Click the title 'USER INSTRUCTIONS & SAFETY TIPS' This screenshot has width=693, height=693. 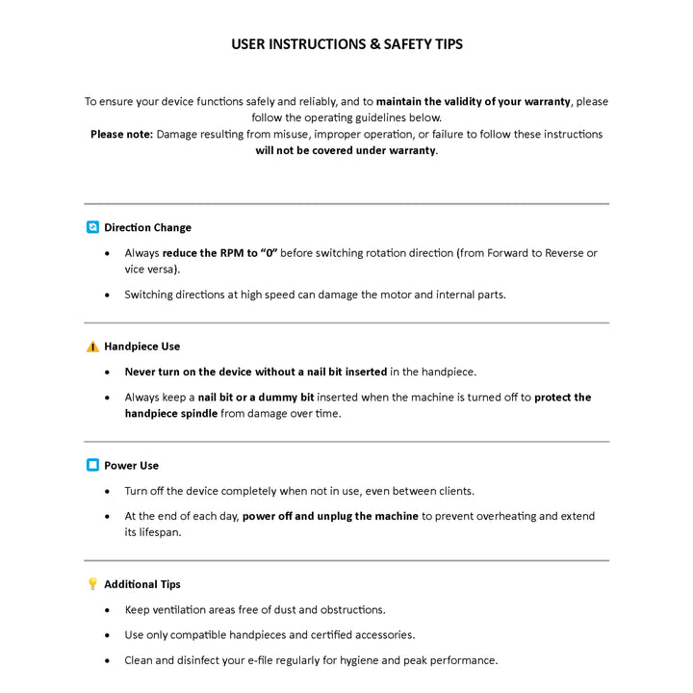[x=346, y=44]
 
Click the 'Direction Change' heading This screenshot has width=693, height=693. [x=147, y=228]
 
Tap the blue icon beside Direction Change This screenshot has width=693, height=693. [x=92, y=228]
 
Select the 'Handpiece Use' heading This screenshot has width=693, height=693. [x=141, y=346]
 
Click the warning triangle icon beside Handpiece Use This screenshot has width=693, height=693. [x=92, y=346]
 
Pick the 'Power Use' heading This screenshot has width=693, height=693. [x=131, y=466]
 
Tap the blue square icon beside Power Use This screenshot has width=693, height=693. [x=92, y=466]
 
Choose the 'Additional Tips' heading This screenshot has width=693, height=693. [x=141, y=584]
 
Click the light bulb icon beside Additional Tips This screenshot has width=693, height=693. [x=92, y=584]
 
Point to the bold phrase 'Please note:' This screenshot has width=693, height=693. [x=121, y=135]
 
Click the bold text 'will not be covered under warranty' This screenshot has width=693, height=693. [x=345, y=151]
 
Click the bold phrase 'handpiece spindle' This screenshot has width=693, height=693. [x=170, y=414]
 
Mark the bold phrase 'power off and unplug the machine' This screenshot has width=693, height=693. [x=330, y=517]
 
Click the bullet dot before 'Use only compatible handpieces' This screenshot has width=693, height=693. [x=106, y=636]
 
